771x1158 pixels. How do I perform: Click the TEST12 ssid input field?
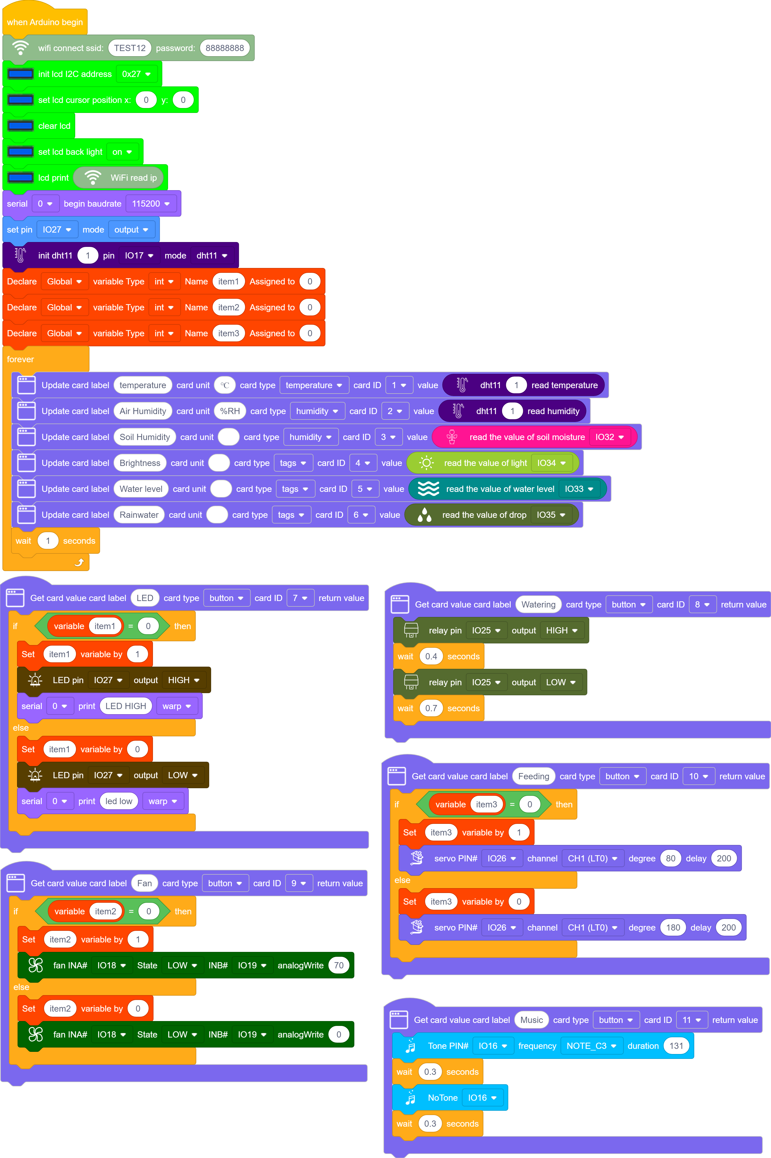[130, 48]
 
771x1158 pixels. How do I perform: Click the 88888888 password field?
[225, 48]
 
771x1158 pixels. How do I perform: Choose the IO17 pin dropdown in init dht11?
[139, 256]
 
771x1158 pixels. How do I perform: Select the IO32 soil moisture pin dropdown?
[609, 437]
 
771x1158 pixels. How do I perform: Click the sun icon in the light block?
[427, 463]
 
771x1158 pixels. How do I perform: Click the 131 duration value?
[676, 1046]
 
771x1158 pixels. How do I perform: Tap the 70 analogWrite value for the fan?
[339, 965]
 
